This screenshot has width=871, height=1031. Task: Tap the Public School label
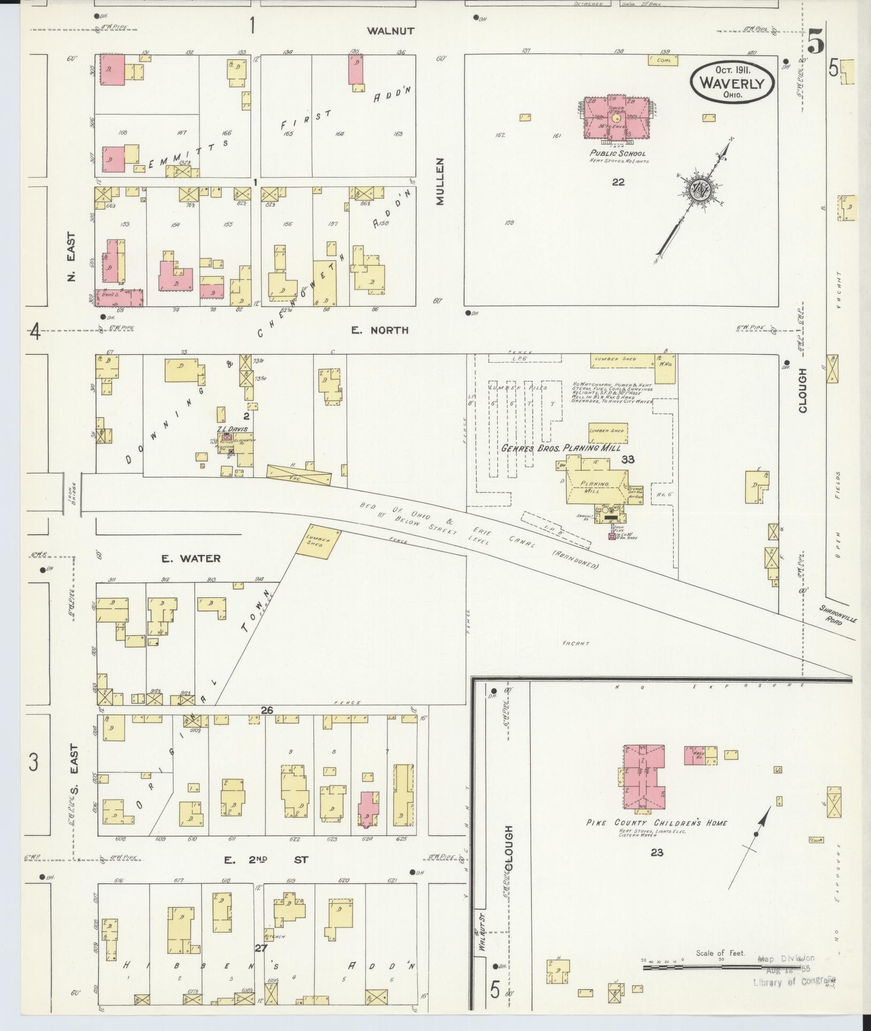tap(617, 154)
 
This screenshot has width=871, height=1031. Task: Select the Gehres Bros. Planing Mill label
tap(561, 448)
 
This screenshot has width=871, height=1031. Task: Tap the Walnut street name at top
tap(390, 31)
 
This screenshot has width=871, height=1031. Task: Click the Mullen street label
tap(440, 181)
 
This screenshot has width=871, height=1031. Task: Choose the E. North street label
tap(379, 330)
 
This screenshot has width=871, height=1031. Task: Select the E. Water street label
tap(184, 558)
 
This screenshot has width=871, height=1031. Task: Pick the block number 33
tap(628, 459)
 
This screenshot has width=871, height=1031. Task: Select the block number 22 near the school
tap(618, 182)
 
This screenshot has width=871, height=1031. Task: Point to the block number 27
tap(261, 948)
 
